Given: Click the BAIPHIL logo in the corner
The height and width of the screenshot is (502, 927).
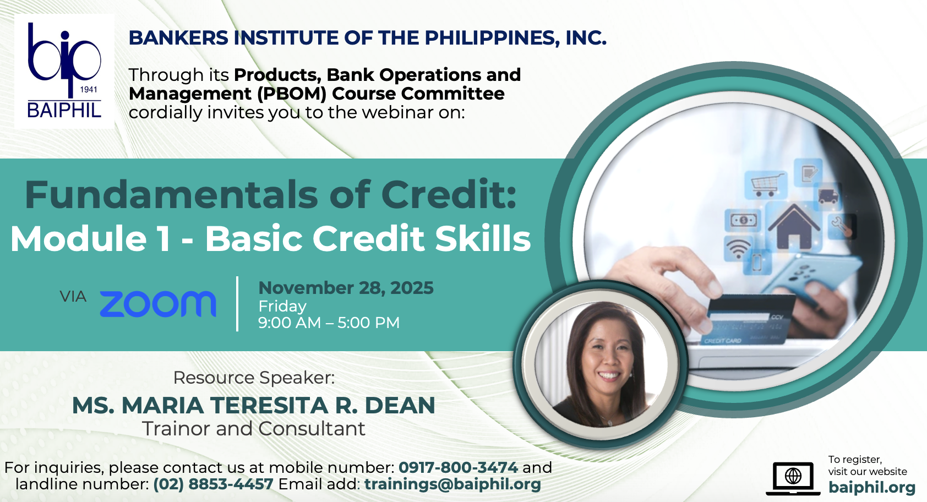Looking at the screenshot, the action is pyautogui.click(x=64, y=71).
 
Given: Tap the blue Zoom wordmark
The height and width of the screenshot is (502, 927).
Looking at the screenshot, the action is pyautogui.click(x=158, y=304).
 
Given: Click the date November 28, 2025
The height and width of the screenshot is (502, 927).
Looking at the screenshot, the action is pyautogui.click(x=346, y=288).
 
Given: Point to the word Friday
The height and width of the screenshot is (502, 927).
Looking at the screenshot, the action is pyautogui.click(x=282, y=306).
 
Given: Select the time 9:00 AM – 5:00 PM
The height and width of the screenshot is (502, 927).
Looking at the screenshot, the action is pyautogui.click(x=329, y=323).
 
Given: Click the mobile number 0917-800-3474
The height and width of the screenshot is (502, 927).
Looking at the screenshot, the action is pyautogui.click(x=458, y=468).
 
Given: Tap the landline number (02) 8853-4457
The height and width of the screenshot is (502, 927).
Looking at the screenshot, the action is pyautogui.click(x=213, y=484).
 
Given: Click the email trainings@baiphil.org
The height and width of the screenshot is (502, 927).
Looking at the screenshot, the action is pyautogui.click(x=452, y=484).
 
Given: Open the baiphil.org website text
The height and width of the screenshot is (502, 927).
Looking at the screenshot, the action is pyautogui.click(x=872, y=488).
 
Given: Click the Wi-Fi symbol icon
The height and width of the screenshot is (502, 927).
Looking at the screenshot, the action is pyautogui.click(x=738, y=248).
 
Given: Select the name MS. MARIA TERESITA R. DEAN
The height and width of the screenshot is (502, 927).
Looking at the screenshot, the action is pyautogui.click(x=254, y=405).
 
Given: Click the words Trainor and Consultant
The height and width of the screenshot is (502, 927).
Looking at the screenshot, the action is pyautogui.click(x=254, y=429).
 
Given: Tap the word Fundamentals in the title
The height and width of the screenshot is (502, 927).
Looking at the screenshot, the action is pyautogui.click(x=171, y=194).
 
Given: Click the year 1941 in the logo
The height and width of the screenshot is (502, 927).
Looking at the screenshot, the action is pyautogui.click(x=89, y=90).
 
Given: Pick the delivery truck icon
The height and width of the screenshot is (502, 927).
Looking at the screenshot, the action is pyautogui.click(x=828, y=196).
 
